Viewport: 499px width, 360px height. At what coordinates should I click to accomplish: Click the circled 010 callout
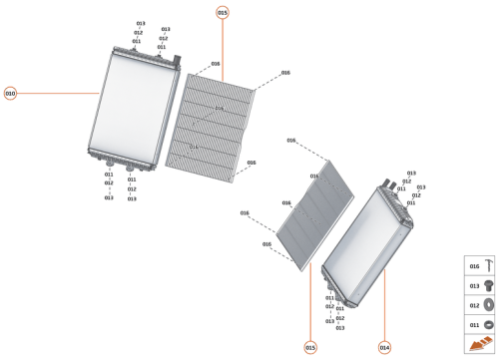coord(10,93)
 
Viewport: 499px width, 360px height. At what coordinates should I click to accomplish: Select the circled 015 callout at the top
coord(222,12)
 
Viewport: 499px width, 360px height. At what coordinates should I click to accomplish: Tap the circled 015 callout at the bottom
coord(310,347)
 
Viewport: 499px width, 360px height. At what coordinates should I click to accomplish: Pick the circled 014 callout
coord(384,347)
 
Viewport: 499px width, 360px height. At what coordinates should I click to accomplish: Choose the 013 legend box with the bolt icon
coord(478,285)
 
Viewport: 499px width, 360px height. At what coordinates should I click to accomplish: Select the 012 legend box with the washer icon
coord(478,305)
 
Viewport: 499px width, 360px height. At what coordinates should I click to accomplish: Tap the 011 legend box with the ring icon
coord(478,325)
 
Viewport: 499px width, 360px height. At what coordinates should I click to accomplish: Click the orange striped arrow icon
coord(478,344)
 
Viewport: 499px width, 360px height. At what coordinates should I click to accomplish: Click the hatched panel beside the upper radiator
coord(215,125)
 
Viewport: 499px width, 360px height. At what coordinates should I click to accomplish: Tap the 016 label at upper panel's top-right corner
coord(285,73)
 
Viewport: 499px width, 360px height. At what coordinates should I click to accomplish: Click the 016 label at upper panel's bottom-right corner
coord(251,163)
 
